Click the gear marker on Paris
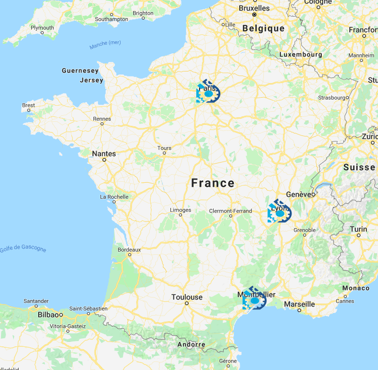[208, 93]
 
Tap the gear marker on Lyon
[279, 212]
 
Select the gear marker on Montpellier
[254, 300]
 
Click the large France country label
[213, 183]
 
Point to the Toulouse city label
[187, 297]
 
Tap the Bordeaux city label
[129, 249]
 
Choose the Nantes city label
[104, 154]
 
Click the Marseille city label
[299, 304]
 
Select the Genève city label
[299, 194]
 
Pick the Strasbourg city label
[332, 97]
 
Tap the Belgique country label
[263, 29]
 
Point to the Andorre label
[191, 345]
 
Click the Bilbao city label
[48, 315]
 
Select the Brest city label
[29, 105]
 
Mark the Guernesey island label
[80, 70]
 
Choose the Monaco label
[356, 288]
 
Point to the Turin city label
[358, 229]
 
